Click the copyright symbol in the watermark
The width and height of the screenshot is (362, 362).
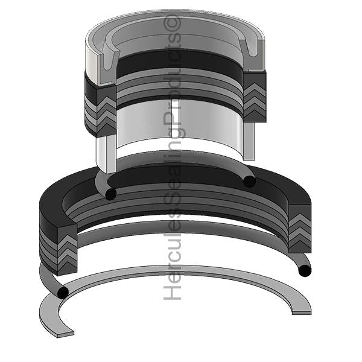(175, 24)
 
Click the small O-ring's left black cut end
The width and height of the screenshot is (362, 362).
(110, 194)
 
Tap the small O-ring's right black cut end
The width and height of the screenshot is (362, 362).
(249, 180)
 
